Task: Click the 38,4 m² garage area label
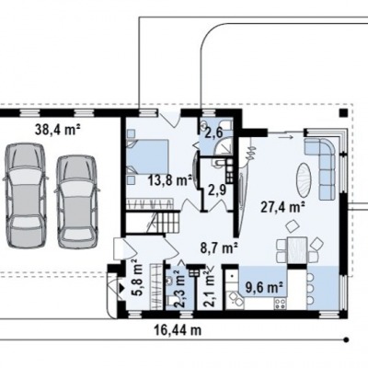point(58,130)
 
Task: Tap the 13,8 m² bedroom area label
point(170,180)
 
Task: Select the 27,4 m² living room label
point(282,207)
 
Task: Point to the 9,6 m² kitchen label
point(264,288)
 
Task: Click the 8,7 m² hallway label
point(220,247)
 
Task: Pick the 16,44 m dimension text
point(178,330)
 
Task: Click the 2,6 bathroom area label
point(216,133)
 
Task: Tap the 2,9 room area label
point(217,190)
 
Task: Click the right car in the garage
point(77,201)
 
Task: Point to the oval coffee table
point(305,180)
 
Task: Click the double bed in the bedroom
point(147,156)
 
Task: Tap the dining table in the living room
point(297,250)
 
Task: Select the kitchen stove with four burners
point(281,304)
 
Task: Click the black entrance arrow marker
point(121,288)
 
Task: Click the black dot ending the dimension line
point(347,339)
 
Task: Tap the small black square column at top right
point(343,112)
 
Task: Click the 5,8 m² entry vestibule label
point(138,277)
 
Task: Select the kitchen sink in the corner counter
point(235,299)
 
